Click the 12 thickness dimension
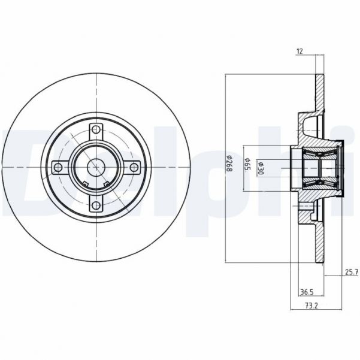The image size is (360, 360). [x=300, y=52]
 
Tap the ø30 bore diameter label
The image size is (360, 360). [x=259, y=167]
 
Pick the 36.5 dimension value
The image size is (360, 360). [x=307, y=292]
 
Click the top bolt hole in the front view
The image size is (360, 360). [x=96, y=129]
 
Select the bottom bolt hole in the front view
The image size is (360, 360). [x=96, y=205]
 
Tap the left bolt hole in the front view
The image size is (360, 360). [x=58, y=167]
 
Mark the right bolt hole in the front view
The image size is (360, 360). [x=135, y=167]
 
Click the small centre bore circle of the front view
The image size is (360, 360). [x=96, y=167]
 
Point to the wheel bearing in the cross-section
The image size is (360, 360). [x=317, y=167]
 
